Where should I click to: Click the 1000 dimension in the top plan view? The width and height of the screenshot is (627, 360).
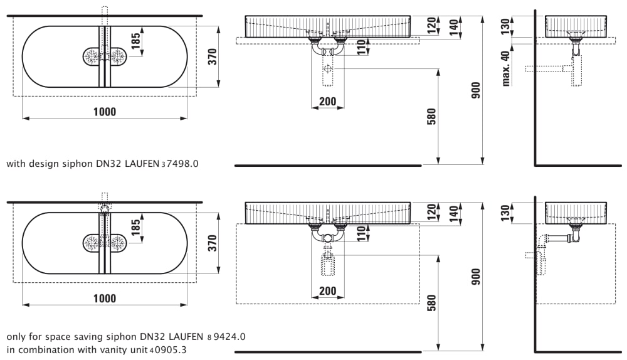(x=105, y=112)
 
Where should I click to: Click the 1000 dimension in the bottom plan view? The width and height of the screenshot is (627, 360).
(x=105, y=299)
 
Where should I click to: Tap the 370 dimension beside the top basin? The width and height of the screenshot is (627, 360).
(x=213, y=56)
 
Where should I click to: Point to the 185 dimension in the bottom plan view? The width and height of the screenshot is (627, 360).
(x=136, y=227)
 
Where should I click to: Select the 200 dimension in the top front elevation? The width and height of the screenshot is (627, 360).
(x=328, y=102)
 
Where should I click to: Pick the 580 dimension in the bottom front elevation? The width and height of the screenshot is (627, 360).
(x=431, y=303)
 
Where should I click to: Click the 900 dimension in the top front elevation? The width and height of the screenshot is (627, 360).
(x=476, y=90)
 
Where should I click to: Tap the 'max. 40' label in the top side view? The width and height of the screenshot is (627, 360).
(x=506, y=68)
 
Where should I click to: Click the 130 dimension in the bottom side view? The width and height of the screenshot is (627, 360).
(x=505, y=213)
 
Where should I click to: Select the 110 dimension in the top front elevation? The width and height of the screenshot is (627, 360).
(x=362, y=48)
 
